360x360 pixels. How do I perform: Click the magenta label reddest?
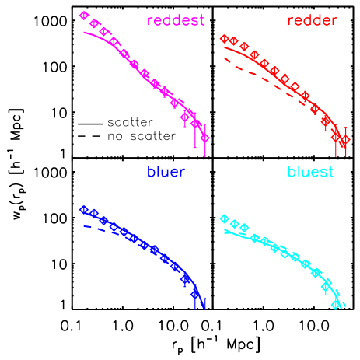176,20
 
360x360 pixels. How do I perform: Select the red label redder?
312,20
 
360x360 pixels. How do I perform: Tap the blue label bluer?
166,172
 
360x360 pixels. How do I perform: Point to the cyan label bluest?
310,172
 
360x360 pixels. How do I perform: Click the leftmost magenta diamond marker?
84,16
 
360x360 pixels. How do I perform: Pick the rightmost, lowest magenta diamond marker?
204,138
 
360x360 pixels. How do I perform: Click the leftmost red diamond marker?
224,38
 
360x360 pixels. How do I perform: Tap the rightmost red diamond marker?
346,139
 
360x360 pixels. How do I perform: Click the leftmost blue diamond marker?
84,209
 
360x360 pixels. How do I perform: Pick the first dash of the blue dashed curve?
87,226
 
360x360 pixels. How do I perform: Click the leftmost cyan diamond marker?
224,218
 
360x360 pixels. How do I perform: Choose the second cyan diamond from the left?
234,225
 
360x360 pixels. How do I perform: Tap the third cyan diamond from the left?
244,228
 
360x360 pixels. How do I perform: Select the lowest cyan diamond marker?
336,305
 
